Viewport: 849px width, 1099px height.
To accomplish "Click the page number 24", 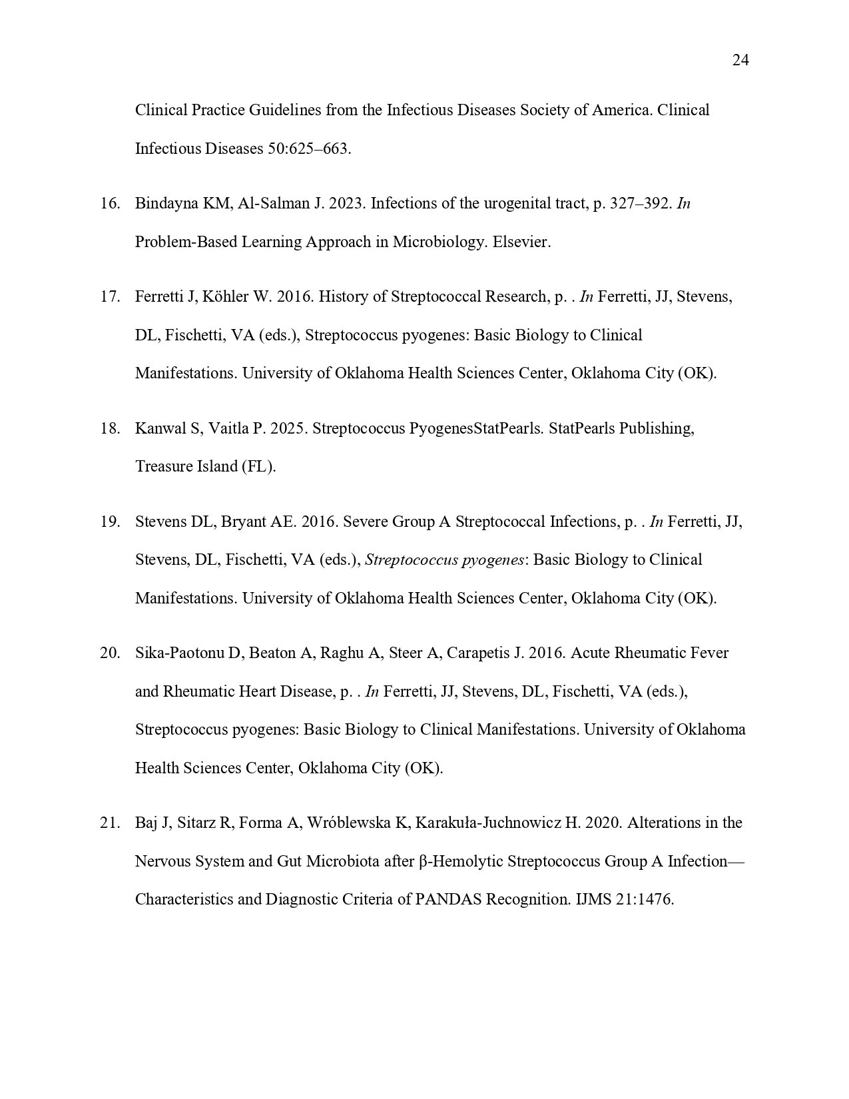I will (740, 61).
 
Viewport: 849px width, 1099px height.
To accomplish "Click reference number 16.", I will (109, 204).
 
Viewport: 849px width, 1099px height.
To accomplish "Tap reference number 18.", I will (109, 428).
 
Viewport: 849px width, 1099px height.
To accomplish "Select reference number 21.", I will (109, 823).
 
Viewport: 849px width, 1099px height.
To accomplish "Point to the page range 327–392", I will (640, 204).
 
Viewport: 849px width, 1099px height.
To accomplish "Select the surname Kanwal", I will (161, 428).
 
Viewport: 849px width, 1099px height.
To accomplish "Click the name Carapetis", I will (477, 653).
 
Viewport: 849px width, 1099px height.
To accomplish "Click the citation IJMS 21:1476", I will (624, 900).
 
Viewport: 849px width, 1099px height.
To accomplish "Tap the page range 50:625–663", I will (309, 149).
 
